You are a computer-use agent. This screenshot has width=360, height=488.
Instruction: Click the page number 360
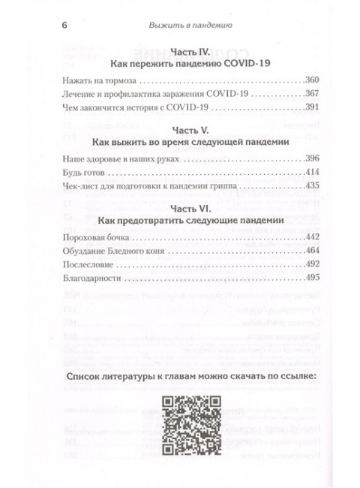coord(312,80)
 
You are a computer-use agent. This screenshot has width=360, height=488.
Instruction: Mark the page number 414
coord(312,175)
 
